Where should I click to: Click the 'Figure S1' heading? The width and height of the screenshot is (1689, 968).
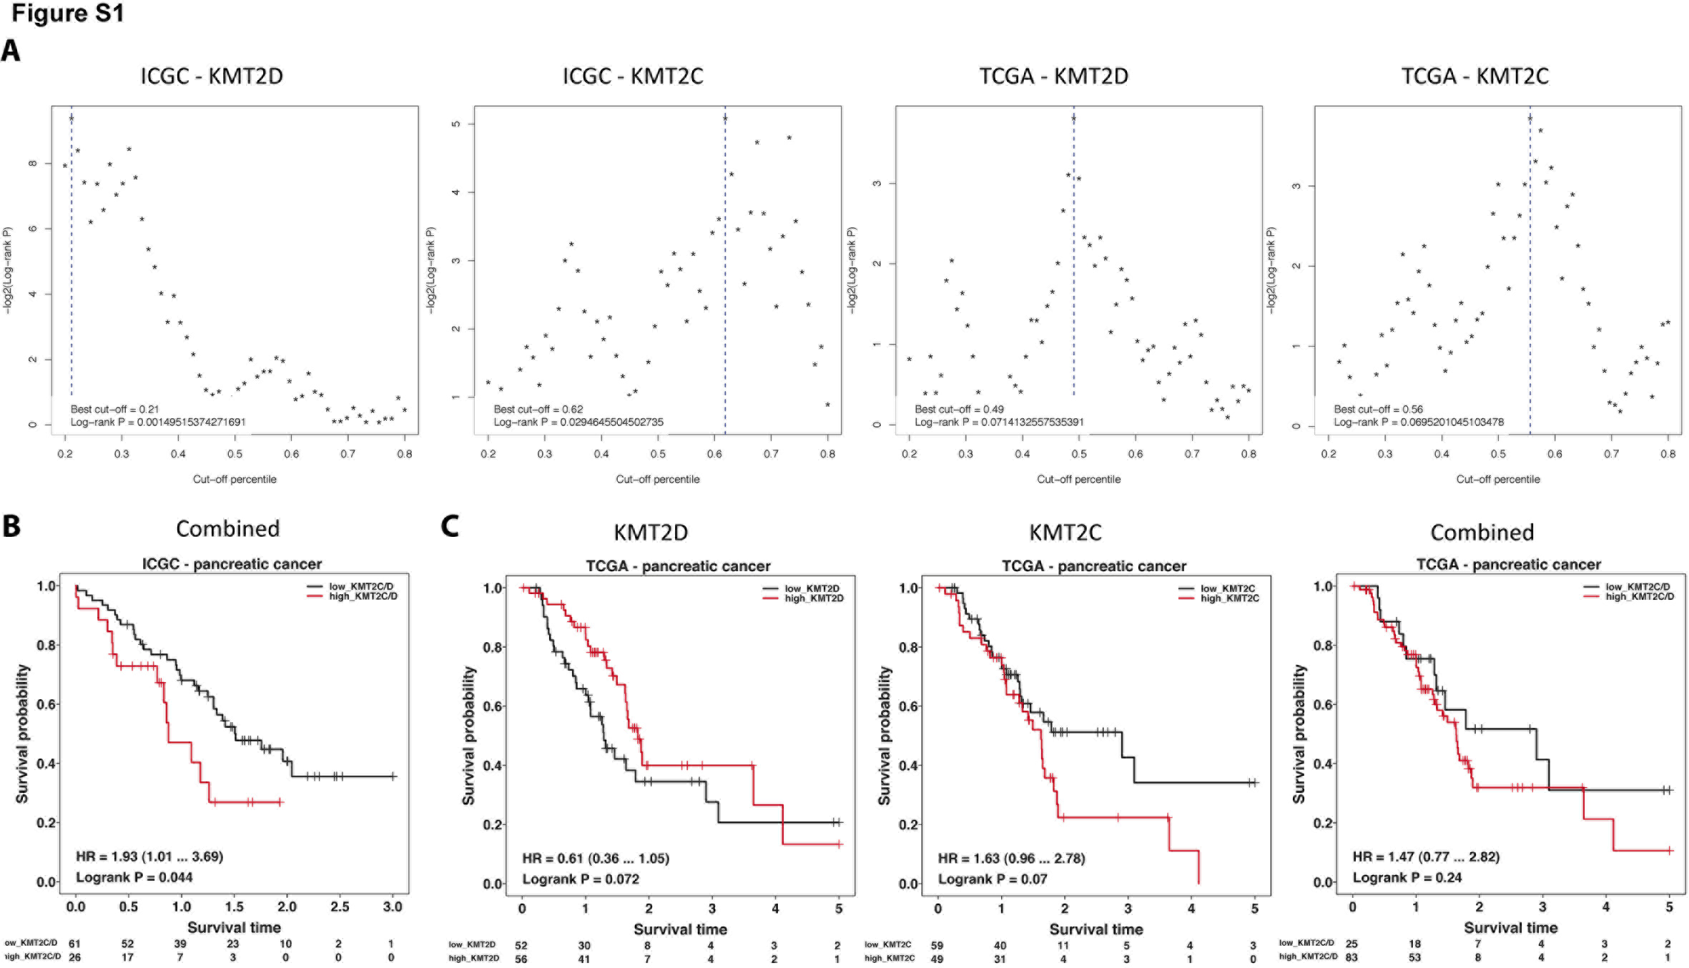[x=68, y=14]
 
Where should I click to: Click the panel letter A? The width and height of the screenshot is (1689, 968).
[x=11, y=51]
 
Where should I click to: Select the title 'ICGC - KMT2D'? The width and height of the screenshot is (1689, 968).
[x=212, y=76]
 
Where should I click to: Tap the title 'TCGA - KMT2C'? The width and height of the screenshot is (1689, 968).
[x=1474, y=76]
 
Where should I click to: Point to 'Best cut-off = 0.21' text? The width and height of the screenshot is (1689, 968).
[x=114, y=409]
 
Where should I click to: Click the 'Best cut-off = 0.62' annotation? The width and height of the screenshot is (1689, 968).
[x=538, y=409]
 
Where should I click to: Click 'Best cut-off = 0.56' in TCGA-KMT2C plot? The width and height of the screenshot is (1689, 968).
[x=1378, y=409]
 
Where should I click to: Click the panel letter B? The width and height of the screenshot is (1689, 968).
[x=11, y=526]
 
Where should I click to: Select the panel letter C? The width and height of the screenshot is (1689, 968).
[x=450, y=526]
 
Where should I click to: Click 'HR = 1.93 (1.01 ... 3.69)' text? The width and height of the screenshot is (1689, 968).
[x=149, y=856]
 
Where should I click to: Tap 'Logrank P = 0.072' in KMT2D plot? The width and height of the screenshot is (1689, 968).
[x=581, y=879]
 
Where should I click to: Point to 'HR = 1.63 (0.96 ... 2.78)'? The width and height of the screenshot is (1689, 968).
[x=1011, y=859]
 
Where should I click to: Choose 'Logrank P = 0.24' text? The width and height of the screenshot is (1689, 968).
[x=1407, y=878]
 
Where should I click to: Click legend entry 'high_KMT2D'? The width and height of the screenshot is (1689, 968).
[x=814, y=598]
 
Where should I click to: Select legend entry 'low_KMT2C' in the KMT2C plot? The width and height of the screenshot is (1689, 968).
[x=1227, y=588]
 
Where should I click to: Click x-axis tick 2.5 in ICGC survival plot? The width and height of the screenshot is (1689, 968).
[x=340, y=907]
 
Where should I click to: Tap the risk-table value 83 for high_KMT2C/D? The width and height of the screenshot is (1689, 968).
[x=1351, y=957]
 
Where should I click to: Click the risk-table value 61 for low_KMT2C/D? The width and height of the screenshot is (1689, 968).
[x=74, y=944]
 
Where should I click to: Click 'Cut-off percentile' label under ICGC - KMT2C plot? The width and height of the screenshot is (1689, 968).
[x=657, y=479]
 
